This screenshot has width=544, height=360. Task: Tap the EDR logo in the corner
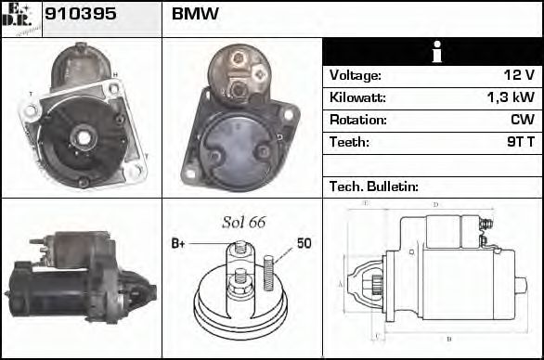[21, 18]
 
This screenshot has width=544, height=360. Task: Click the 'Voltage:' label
[355, 75]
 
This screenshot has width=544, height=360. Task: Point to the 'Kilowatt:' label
[356, 97]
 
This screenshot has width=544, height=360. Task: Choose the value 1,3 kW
[512, 97]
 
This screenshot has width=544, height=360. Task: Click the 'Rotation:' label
[356, 121]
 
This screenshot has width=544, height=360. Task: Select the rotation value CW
[523, 121]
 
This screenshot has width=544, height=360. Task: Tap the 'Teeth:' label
[349, 143]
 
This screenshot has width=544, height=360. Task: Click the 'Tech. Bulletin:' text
[374, 186]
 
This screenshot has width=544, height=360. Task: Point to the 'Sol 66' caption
[243, 222]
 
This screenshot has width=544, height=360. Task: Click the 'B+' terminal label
[179, 244]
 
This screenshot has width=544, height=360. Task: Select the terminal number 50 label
[304, 244]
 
